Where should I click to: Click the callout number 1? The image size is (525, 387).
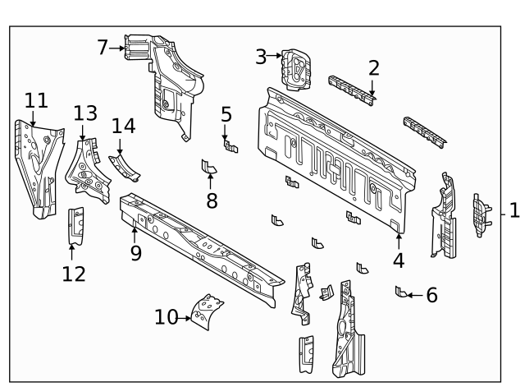click(x=514, y=211)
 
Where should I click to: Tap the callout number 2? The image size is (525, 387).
click(x=373, y=68)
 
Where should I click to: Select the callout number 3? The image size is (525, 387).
click(x=261, y=56)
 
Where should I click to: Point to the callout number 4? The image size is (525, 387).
click(x=399, y=260)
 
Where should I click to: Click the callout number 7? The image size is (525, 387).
click(x=103, y=47)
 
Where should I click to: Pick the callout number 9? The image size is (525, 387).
click(x=135, y=252)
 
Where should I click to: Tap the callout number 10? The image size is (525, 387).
click(x=166, y=316)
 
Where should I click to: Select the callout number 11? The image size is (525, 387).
click(x=35, y=101)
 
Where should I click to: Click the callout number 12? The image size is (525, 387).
click(x=74, y=274)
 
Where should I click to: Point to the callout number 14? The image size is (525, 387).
click(x=123, y=126)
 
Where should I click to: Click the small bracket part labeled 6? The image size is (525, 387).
click(x=400, y=291)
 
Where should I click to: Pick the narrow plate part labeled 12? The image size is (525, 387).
click(x=75, y=225)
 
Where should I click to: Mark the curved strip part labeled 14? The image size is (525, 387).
click(x=125, y=168)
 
